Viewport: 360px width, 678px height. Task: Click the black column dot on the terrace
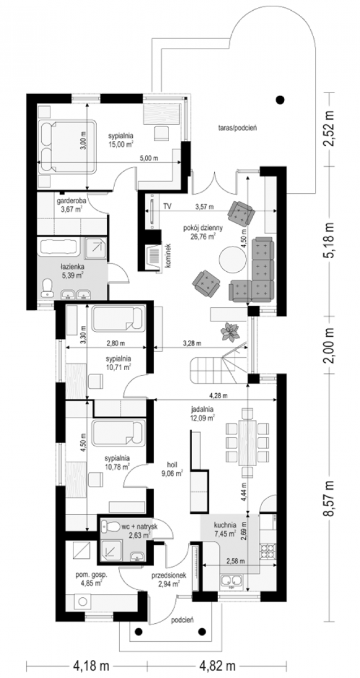(280, 99)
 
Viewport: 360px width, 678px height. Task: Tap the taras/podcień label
(237, 128)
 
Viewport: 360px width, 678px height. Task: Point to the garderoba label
(71, 201)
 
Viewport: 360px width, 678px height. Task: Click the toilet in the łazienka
(47, 287)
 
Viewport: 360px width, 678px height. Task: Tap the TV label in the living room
(167, 207)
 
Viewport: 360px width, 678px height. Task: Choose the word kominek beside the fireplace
(168, 255)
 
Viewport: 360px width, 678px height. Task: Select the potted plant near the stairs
(229, 331)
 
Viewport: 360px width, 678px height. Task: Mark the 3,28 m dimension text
(192, 344)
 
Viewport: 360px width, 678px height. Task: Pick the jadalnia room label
(202, 409)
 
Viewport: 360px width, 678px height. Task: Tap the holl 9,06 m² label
(172, 469)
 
